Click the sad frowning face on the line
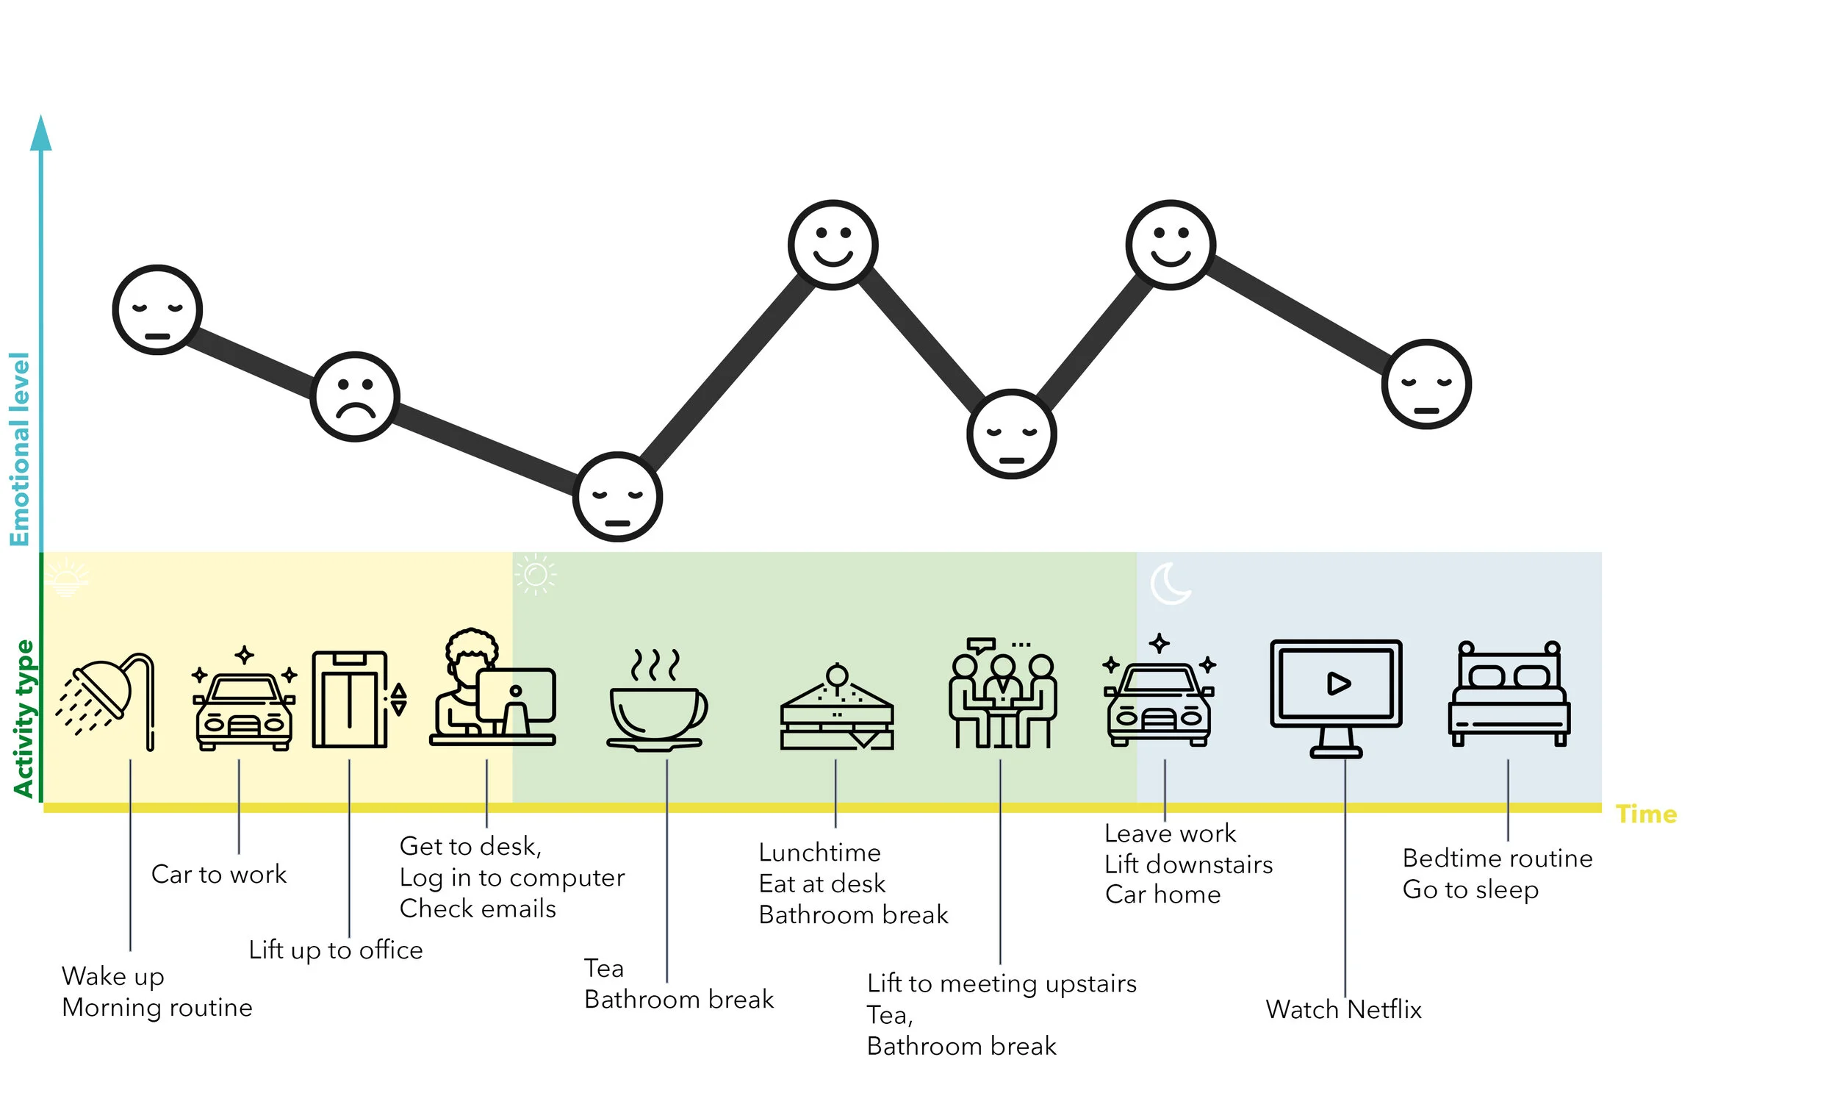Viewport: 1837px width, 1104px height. (x=355, y=396)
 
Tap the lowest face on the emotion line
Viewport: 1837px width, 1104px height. (x=617, y=496)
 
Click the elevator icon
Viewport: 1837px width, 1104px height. (x=350, y=699)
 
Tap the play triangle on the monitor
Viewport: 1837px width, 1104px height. (x=1338, y=683)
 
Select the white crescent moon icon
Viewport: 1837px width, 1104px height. (x=1170, y=584)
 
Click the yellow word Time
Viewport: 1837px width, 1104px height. (x=1646, y=814)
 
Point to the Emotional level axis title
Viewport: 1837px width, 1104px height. (x=19, y=448)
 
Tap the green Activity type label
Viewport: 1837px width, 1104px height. (x=24, y=718)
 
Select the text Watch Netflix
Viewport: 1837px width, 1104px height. (x=1343, y=1009)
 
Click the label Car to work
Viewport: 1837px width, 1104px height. (x=219, y=874)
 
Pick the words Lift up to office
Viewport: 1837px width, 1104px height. (x=335, y=950)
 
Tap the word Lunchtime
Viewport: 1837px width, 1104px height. (x=819, y=853)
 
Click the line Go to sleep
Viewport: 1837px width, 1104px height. (x=1470, y=890)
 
